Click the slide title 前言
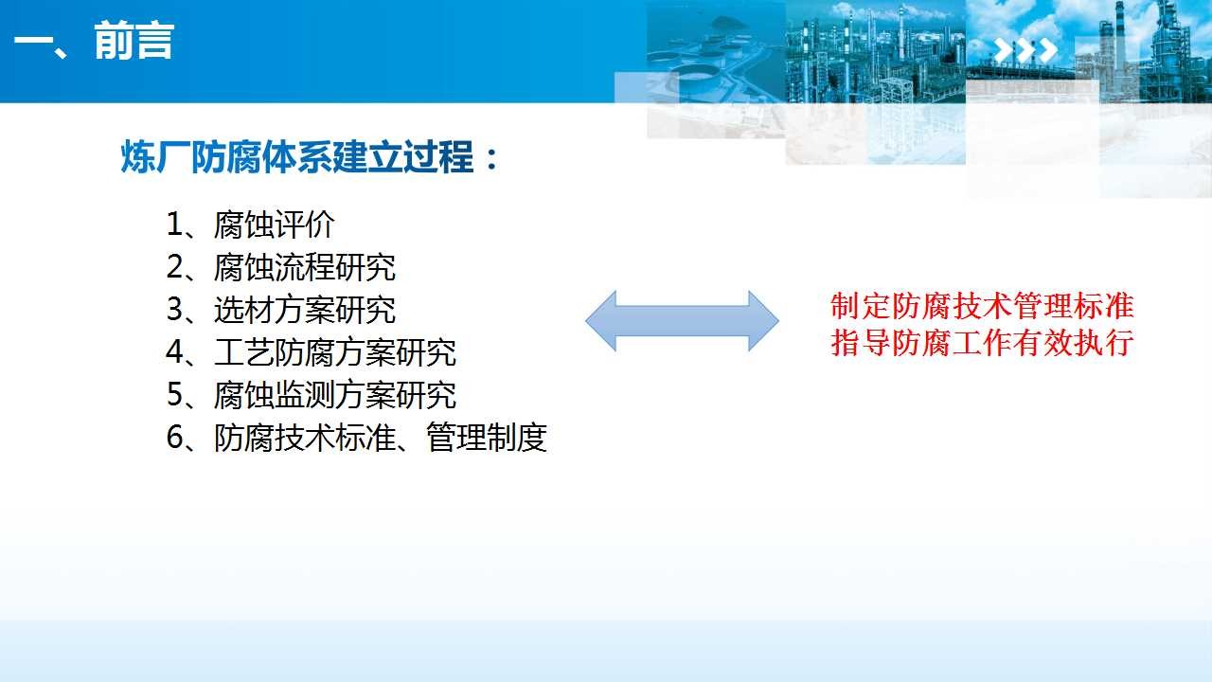point(134,41)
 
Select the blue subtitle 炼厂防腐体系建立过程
point(297,157)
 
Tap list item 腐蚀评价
point(275,224)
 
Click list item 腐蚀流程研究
point(305,267)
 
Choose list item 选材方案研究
point(305,310)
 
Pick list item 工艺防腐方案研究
point(335,352)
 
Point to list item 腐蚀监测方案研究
point(335,395)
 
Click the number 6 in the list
point(175,438)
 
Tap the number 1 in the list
point(175,224)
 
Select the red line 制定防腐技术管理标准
point(982,306)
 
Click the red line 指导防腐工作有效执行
point(982,343)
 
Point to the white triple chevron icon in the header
point(1025,51)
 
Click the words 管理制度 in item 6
point(487,438)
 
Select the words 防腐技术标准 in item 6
point(305,438)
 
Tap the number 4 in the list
point(175,352)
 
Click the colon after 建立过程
point(491,158)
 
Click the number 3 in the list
point(175,310)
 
